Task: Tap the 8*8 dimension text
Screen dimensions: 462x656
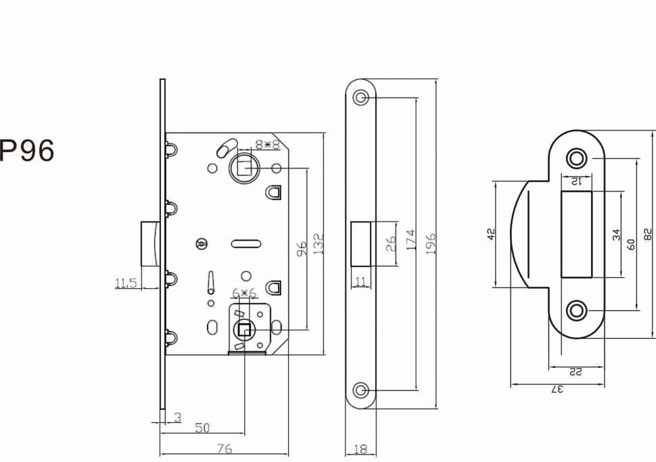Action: pyautogui.click(x=267, y=144)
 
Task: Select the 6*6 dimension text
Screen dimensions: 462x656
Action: pyautogui.click(x=243, y=293)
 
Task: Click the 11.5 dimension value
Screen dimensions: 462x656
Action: pyautogui.click(x=125, y=283)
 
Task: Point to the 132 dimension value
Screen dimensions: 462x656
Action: pyautogui.click(x=319, y=243)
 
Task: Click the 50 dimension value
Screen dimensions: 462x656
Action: pyautogui.click(x=202, y=428)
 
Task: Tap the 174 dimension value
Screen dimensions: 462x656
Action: pyautogui.click(x=411, y=240)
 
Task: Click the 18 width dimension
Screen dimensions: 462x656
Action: pyautogui.click(x=360, y=448)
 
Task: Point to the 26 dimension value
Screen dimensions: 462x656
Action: pyautogui.click(x=392, y=244)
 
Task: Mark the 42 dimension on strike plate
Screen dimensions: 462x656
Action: pyautogui.click(x=492, y=233)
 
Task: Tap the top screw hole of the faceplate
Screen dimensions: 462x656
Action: pyautogui.click(x=361, y=97)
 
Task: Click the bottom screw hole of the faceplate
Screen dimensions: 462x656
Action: pyautogui.click(x=361, y=390)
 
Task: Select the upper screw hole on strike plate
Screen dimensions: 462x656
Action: pyautogui.click(x=576, y=158)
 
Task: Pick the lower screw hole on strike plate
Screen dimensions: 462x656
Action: pyautogui.click(x=576, y=311)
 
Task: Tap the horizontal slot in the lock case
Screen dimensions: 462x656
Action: pyautogui.click(x=245, y=242)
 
